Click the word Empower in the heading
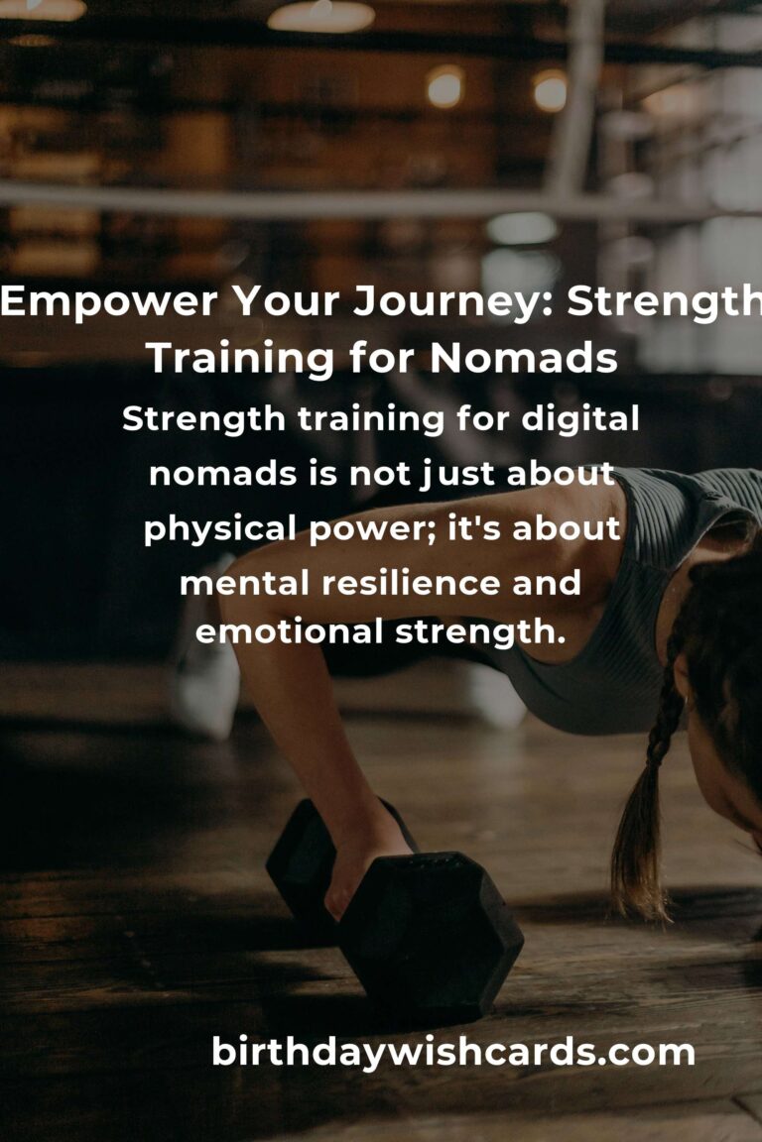(109, 300)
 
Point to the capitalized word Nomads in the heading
(524, 358)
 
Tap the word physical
(219, 529)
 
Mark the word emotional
(289, 630)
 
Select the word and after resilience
(546, 583)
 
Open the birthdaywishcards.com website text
(452, 1053)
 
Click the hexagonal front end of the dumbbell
(431, 929)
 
